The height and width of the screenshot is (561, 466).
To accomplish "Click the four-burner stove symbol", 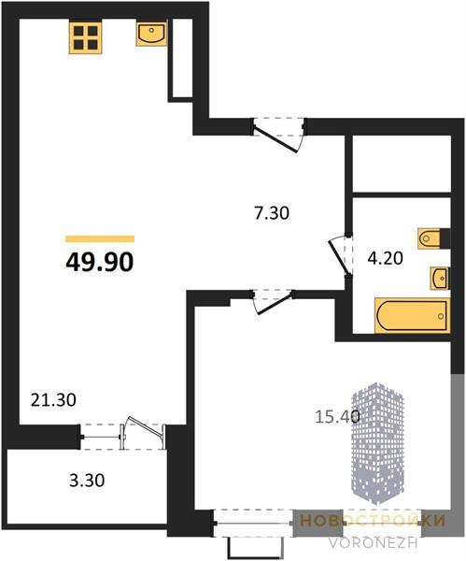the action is [x=86, y=37].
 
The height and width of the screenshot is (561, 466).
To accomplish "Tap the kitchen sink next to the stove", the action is [x=151, y=34].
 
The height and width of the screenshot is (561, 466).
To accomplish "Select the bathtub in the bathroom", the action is [x=412, y=316].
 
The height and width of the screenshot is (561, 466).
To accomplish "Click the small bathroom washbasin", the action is [x=440, y=278].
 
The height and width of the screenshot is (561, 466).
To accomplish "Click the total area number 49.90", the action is [x=100, y=262].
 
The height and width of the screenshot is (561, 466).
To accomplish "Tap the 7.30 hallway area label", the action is [x=272, y=213].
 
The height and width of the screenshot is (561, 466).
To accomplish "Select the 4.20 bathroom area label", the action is [x=386, y=258].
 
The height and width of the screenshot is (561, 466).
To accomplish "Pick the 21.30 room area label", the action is [x=53, y=399].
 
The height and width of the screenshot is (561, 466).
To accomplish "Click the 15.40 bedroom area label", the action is [x=337, y=416].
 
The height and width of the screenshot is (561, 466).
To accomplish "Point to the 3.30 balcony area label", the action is [x=87, y=481].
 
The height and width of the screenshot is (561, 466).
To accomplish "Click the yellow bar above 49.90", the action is [x=100, y=239].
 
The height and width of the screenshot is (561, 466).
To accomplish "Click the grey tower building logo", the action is [x=377, y=443].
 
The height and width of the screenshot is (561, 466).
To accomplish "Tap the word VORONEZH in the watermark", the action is [x=374, y=542].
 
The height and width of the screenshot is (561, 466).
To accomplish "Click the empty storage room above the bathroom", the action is [x=402, y=164].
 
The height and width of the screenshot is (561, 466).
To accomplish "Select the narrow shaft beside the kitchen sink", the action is [x=182, y=57].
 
